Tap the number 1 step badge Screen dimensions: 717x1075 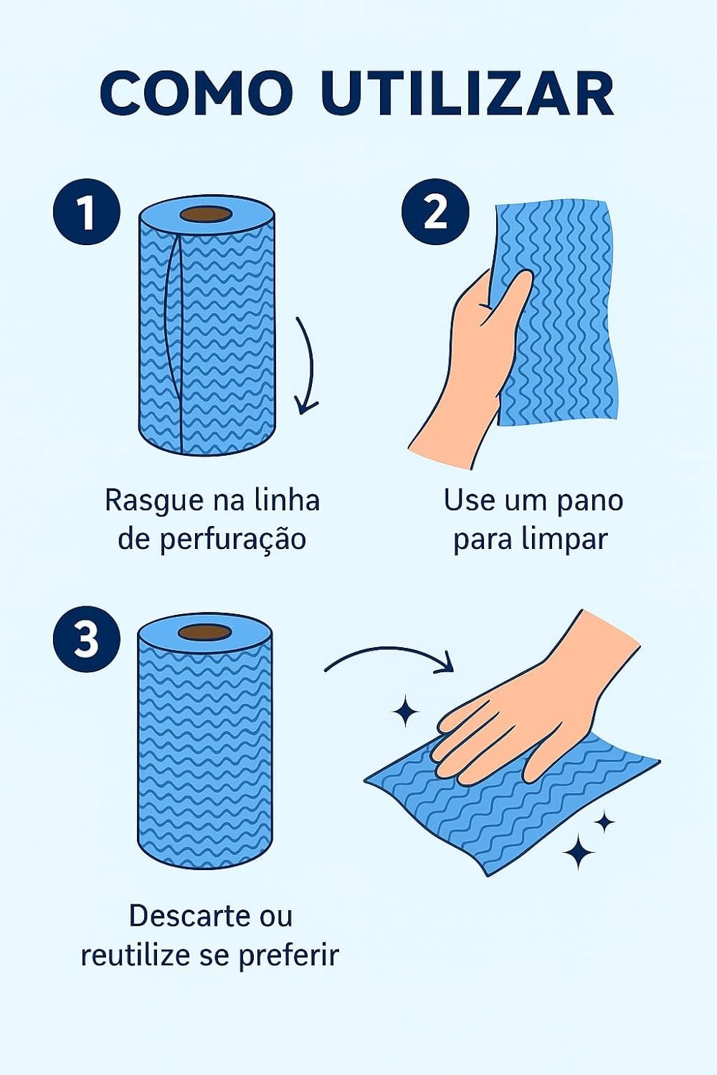[87, 211]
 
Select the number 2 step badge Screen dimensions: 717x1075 [436, 211]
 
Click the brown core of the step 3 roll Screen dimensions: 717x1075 [205, 631]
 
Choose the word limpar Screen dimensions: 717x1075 [564, 540]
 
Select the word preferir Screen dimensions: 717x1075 [289, 956]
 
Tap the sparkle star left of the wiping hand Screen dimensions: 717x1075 [405, 711]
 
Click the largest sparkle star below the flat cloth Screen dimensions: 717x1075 [579, 852]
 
